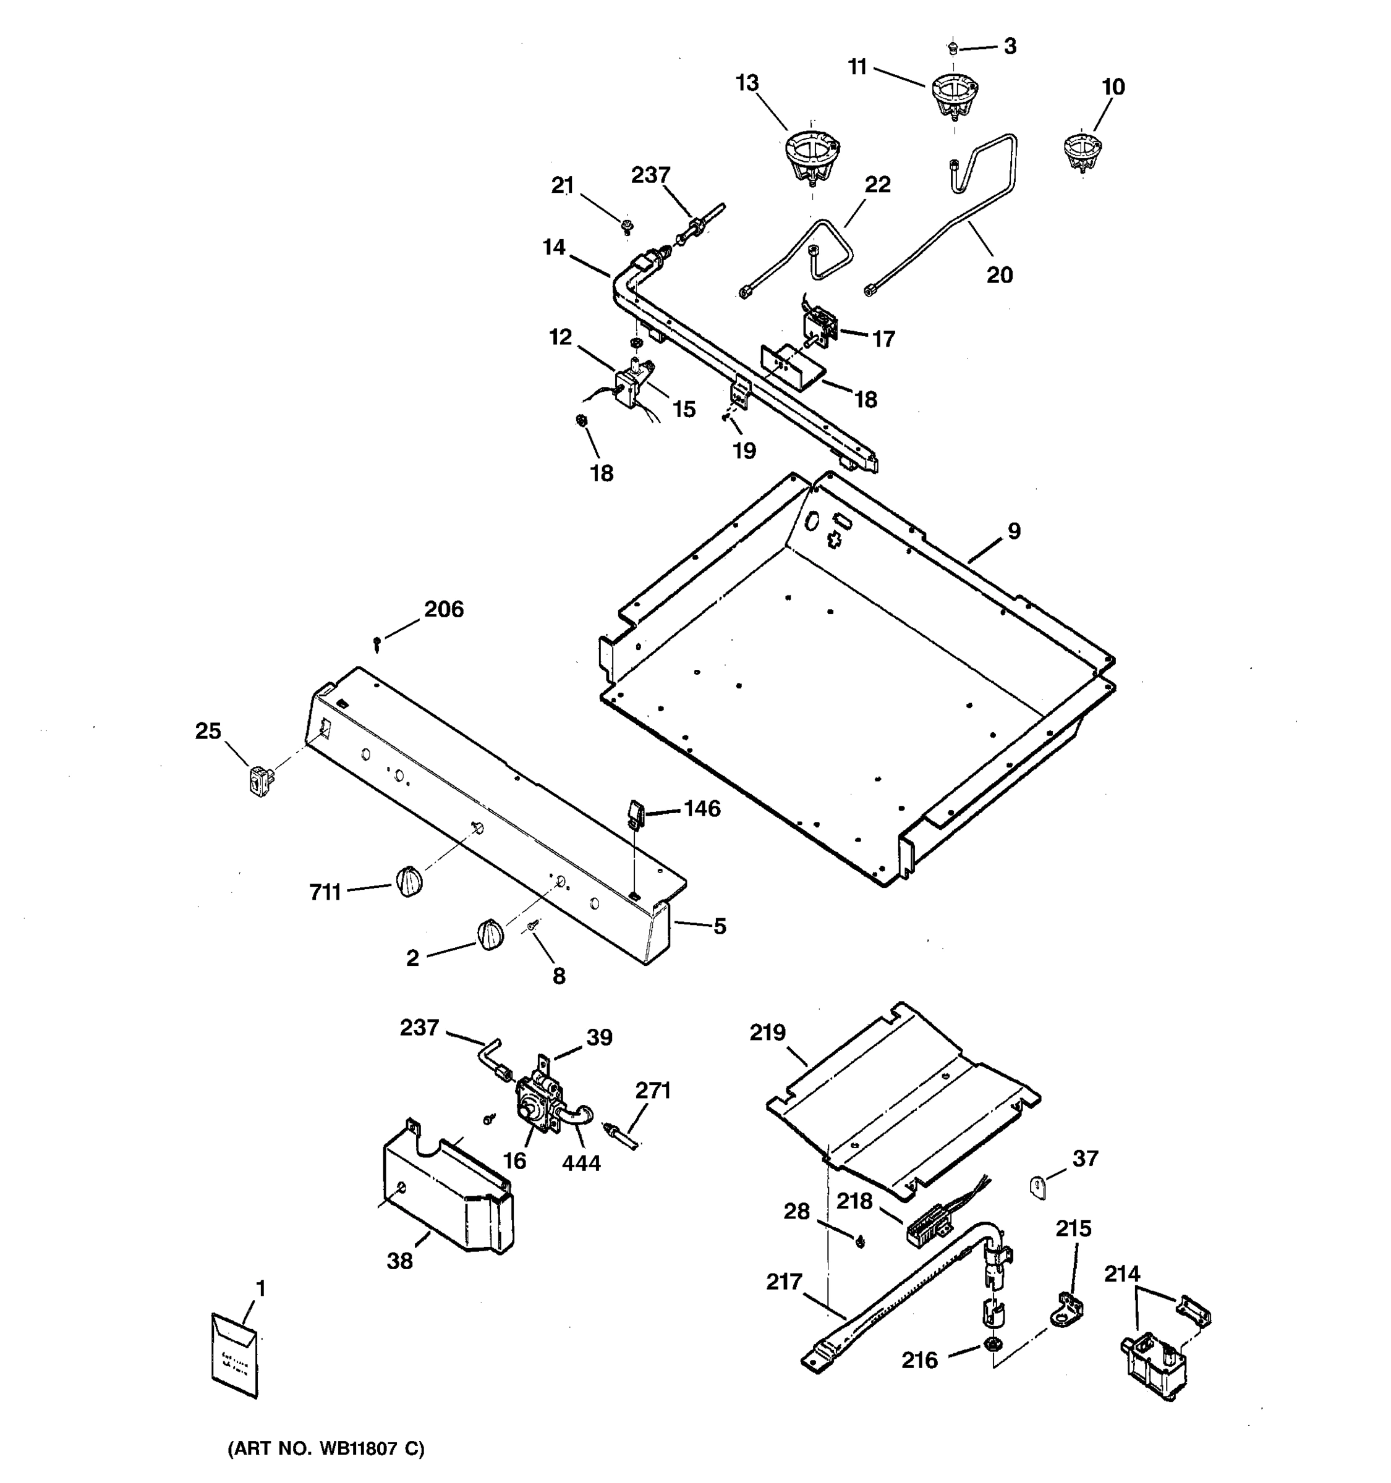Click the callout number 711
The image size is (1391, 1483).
coord(325,892)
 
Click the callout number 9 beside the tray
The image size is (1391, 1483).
coord(1013,531)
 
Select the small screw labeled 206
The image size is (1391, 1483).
coord(378,641)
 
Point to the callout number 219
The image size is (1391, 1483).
coord(768,1033)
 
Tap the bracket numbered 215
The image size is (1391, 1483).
coord(1070,1311)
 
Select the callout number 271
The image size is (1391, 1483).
coord(653,1091)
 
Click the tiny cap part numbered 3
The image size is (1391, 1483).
coord(952,48)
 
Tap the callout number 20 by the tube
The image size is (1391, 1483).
coord(999,275)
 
